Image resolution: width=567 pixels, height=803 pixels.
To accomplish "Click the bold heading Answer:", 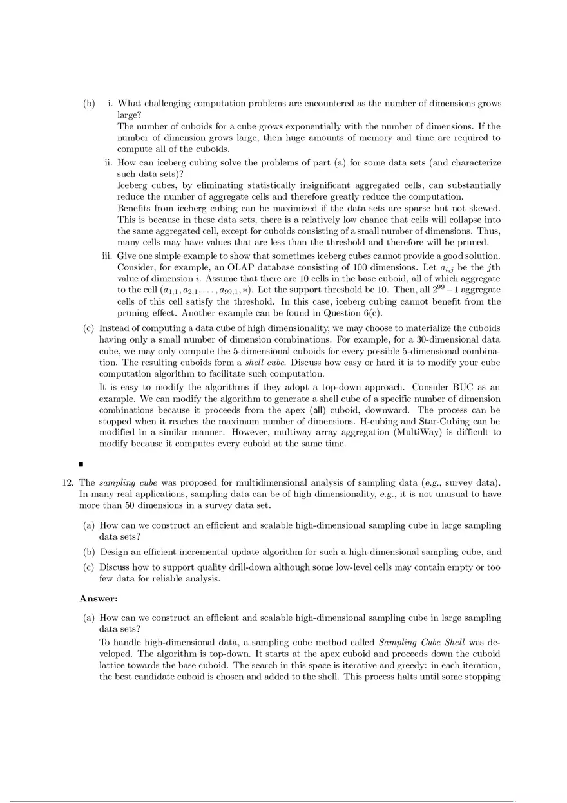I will click(x=98, y=598).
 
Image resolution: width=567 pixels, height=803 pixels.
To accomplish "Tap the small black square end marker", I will click(x=82, y=463).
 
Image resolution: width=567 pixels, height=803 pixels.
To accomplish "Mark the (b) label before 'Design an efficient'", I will click(x=89, y=552).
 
